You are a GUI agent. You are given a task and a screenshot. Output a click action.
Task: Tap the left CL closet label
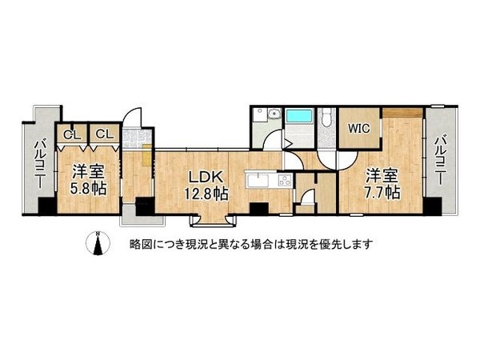(x=71, y=134)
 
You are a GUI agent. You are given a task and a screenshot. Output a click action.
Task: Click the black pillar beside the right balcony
(x=432, y=207)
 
